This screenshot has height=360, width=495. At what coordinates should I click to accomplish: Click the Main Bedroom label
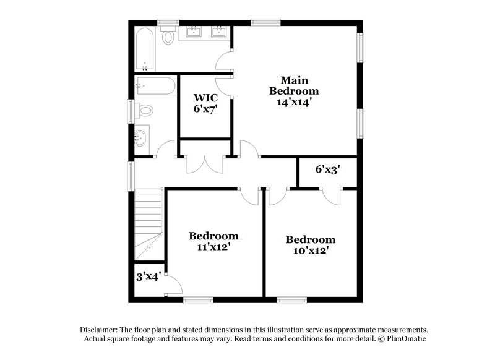click(294, 91)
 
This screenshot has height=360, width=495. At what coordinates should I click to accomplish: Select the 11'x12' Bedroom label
click(213, 241)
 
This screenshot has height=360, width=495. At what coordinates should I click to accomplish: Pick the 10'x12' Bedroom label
click(310, 244)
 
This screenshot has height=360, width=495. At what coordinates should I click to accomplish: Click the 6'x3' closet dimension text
click(327, 168)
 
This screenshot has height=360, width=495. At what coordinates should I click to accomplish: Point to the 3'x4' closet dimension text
click(148, 276)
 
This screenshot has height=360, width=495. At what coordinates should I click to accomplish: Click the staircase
click(148, 223)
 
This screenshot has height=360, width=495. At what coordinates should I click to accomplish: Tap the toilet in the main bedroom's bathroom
click(168, 36)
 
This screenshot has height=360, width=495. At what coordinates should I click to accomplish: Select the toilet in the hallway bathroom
click(145, 111)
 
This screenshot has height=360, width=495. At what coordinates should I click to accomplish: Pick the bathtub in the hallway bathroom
click(155, 85)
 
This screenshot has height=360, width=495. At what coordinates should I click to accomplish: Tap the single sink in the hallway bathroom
click(141, 137)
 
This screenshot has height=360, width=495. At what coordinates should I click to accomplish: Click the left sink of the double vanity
click(192, 31)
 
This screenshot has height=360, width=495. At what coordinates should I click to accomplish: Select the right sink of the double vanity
click(218, 31)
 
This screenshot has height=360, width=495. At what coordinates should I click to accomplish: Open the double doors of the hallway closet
click(205, 164)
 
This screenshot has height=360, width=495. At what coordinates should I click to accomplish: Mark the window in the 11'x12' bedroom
click(198, 301)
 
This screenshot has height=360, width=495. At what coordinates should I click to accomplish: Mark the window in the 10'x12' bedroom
click(291, 301)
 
